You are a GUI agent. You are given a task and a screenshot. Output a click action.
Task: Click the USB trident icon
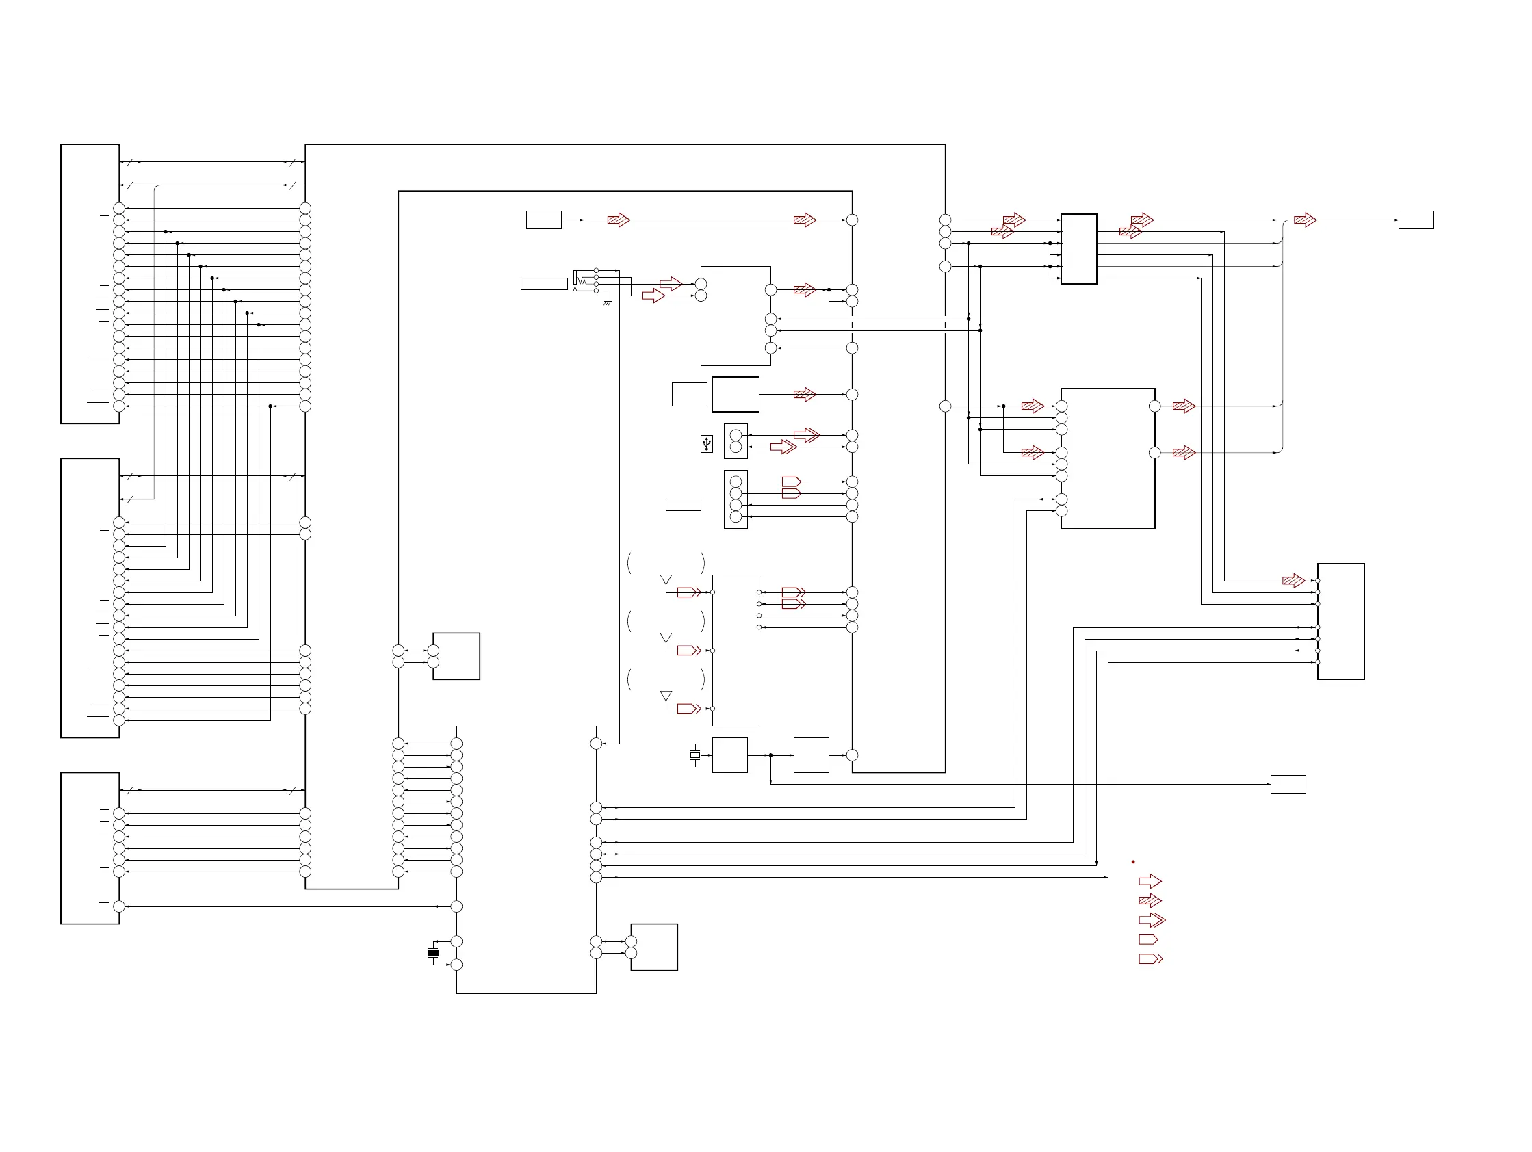click(x=706, y=443)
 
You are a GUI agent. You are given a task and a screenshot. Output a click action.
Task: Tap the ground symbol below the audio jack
click(x=608, y=302)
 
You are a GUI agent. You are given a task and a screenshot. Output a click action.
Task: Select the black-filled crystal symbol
click(x=434, y=953)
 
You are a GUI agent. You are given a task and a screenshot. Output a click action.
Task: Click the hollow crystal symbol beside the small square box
click(x=695, y=755)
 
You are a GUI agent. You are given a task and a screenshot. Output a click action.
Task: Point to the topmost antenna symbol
click(x=666, y=581)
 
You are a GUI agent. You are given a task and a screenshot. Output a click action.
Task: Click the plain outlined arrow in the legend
click(x=1150, y=881)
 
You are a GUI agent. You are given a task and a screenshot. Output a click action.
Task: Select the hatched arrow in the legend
click(x=1150, y=901)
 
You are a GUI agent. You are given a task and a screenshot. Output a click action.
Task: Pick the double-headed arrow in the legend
click(x=1152, y=920)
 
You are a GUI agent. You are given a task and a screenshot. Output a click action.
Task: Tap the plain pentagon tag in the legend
click(x=1148, y=939)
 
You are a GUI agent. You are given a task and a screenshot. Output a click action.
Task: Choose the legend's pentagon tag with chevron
click(x=1150, y=959)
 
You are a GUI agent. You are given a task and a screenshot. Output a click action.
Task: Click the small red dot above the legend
click(x=1133, y=862)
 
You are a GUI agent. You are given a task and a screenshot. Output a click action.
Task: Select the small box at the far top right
click(x=1416, y=220)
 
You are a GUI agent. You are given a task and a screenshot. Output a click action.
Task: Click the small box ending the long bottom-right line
click(x=1288, y=785)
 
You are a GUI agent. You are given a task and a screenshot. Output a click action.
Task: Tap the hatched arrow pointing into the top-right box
click(x=1305, y=220)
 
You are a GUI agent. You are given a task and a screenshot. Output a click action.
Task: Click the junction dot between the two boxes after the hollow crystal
click(x=771, y=755)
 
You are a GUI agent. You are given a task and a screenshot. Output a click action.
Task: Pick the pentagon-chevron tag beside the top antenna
click(x=688, y=592)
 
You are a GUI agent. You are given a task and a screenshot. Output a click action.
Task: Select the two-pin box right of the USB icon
click(x=736, y=441)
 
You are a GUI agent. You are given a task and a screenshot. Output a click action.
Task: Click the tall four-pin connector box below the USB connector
click(x=736, y=499)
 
